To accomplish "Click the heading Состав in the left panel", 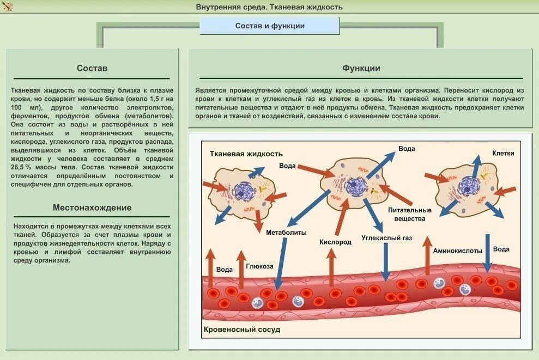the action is pyautogui.click(x=92, y=68).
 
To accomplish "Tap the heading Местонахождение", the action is pyautogui.click(x=92, y=208).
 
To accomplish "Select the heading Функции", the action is pyautogui.click(x=361, y=68).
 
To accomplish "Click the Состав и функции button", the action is pyautogui.click(x=270, y=26).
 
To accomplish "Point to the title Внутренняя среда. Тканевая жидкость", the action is pyautogui.click(x=269, y=7).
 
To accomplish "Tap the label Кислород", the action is pyautogui.click(x=335, y=241).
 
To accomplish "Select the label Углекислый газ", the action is pyautogui.click(x=387, y=237).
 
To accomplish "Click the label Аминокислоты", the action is pyautogui.click(x=458, y=251).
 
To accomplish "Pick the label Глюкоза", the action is pyautogui.click(x=259, y=266).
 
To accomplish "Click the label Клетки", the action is pyautogui.click(x=503, y=154).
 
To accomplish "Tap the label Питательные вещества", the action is pyautogui.click(x=409, y=214).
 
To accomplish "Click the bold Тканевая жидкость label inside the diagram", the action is pyautogui.click(x=246, y=154).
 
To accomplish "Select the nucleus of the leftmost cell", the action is pyautogui.click(x=243, y=190).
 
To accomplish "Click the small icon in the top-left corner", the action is pyautogui.click(x=8, y=7).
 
